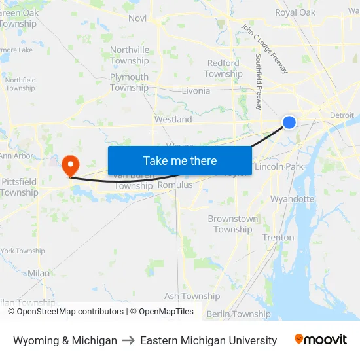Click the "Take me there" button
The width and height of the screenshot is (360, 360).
(x=180, y=160)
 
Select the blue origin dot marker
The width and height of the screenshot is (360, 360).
(x=289, y=122)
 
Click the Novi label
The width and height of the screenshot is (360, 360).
(x=137, y=18)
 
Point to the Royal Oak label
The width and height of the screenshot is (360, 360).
(x=295, y=12)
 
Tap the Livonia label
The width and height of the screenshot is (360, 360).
(x=196, y=91)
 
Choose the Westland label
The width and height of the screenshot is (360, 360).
(x=173, y=120)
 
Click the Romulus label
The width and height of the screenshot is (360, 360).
(x=175, y=185)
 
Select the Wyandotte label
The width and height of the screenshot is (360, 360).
(x=292, y=198)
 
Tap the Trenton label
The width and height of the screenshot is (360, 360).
(x=278, y=238)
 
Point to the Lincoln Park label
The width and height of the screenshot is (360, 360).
(x=279, y=167)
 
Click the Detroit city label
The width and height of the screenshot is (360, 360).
(x=342, y=115)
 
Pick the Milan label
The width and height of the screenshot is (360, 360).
(x=39, y=273)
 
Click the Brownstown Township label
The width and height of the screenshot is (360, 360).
(x=233, y=224)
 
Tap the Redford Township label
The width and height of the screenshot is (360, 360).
(x=223, y=68)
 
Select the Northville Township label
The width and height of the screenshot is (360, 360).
(x=130, y=55)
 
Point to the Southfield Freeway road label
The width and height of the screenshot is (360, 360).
(x=259, y=81)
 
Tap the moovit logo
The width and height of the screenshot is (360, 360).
(x=320, y=340)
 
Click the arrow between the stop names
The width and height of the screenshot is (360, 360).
(x=128, y=340)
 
